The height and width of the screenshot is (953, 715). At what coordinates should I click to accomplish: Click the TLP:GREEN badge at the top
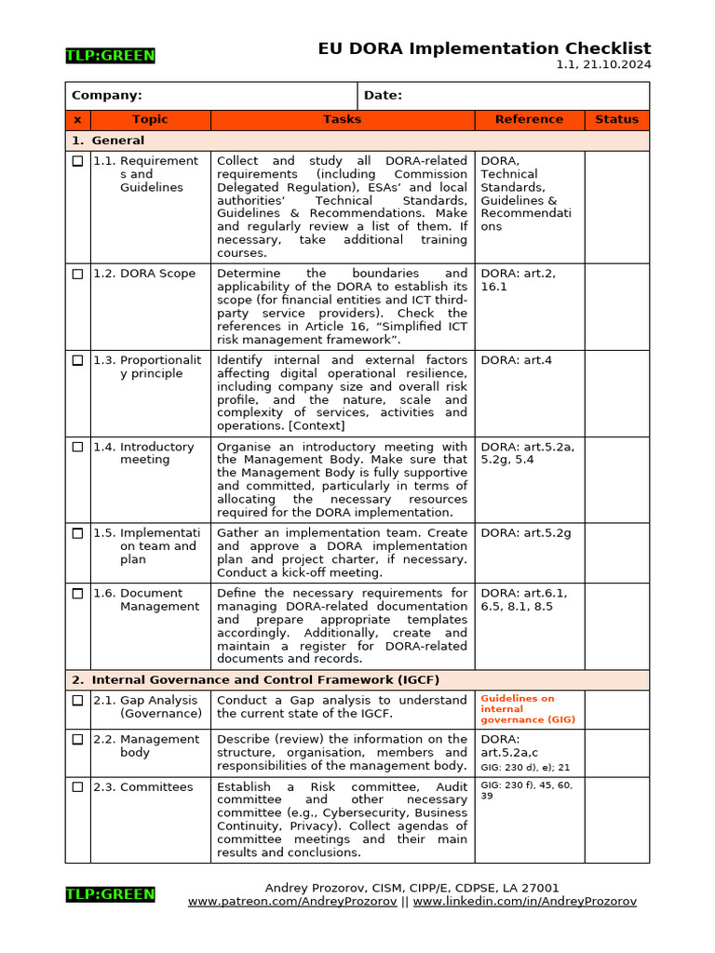pos(110,56)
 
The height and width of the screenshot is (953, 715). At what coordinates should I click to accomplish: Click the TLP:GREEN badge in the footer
pos(110,894)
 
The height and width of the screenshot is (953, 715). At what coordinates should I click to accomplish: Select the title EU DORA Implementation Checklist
pos(484,48)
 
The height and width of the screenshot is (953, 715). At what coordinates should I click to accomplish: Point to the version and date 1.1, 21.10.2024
pos(603,65)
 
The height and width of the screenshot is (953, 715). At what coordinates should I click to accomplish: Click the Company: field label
pos(107,95)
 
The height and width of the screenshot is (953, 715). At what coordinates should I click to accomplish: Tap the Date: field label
pos(383,95)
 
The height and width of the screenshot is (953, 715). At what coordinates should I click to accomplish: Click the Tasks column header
pos(342,119)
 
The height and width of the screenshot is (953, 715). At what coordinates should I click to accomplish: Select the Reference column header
pos(529,119)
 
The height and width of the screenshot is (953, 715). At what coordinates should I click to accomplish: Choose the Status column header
pos(616,119)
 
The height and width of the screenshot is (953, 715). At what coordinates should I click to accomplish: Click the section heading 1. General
pos(108,141)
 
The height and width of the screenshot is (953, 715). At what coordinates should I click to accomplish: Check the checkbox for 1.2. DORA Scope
pos(77,274)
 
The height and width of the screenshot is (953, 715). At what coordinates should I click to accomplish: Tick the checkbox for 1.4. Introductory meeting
pos(77,447)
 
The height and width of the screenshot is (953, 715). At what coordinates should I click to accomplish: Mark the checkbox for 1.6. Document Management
pos(77,593)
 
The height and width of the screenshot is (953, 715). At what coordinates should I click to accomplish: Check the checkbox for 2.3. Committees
pos(77,787)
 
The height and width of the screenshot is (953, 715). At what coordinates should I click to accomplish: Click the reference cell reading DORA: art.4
pos(517,360)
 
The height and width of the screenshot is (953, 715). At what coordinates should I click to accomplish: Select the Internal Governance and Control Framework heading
pos(256,679)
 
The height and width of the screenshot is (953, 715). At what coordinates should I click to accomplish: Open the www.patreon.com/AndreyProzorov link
pos(293,902)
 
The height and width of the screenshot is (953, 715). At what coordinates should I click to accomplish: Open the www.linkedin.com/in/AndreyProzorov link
pos(525,902)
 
